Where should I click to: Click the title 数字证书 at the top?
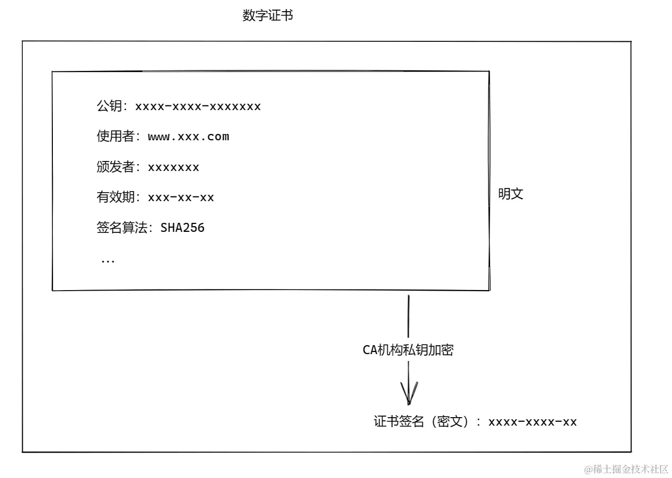[268, 16]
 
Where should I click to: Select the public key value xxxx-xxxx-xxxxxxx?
[198, 106]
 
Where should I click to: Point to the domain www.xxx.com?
[188, 137]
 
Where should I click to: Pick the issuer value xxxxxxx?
[173, 168]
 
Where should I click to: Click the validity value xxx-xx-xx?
[181, 198]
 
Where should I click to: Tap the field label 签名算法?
[122, 228]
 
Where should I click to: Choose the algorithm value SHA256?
[182, 228]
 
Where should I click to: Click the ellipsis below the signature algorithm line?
[108, 261]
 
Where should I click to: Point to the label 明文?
[511, 194]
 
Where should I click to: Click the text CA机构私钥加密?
[408, 350]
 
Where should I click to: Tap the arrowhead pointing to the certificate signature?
[409, 394]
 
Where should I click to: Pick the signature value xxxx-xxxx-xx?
[532, 422]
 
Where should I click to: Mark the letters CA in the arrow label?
[369, 350]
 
